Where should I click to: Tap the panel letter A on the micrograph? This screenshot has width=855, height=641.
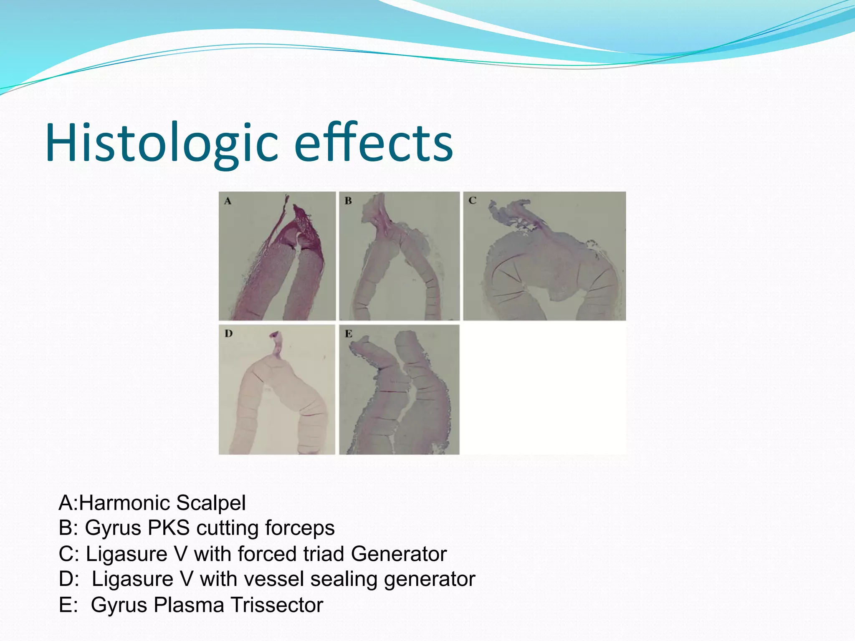228,201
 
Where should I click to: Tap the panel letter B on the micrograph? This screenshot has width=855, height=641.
348,201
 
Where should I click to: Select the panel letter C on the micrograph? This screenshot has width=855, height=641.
472,201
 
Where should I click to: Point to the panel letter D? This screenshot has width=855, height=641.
228,333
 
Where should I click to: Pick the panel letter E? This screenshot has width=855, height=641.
349,334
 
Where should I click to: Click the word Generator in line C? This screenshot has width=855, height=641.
399,554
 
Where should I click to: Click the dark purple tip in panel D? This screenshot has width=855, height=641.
275,335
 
